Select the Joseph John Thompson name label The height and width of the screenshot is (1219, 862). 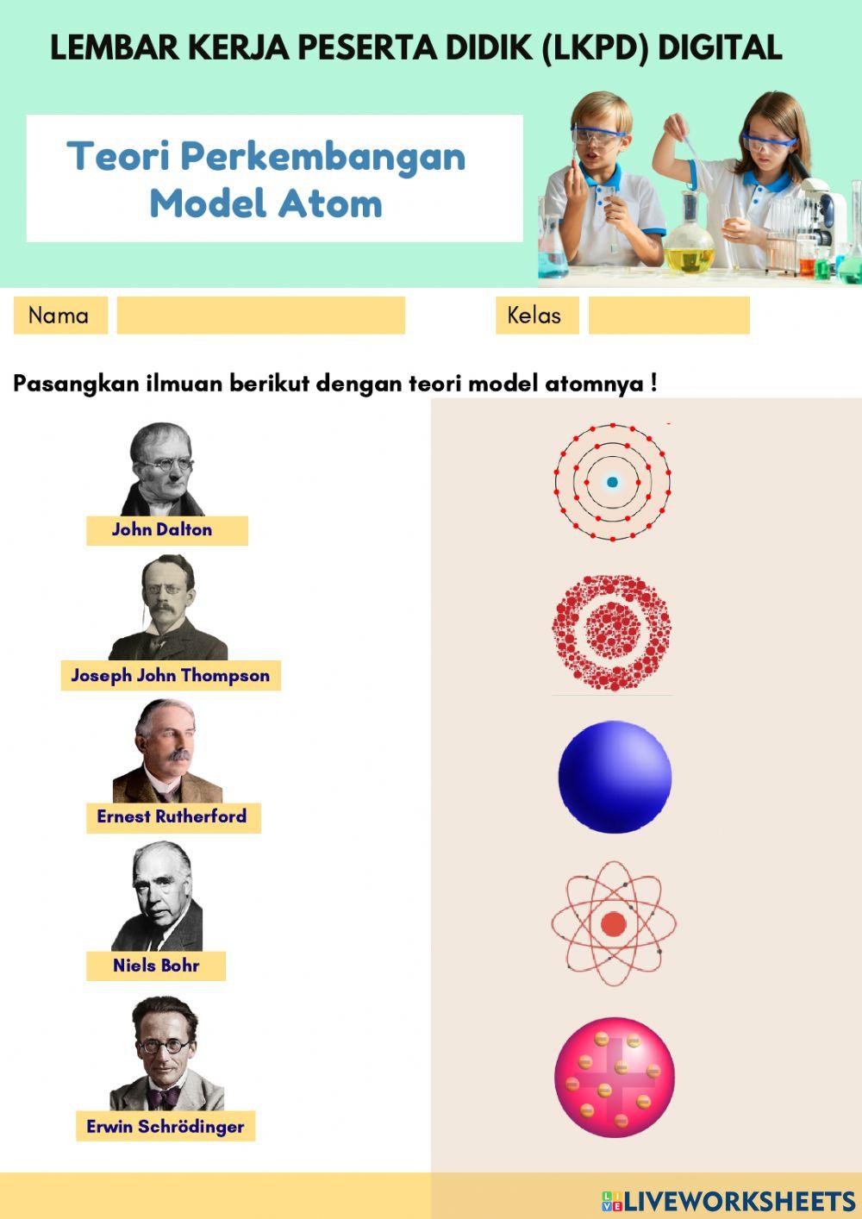(x=171, y=676)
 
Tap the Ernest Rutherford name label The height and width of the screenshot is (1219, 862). (x=172, y=817)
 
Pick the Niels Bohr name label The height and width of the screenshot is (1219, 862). (x=156, y=966)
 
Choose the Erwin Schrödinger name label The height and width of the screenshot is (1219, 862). (x=166, y=1127)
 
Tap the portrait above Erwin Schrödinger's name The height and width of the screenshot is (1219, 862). (x=166, y=1054)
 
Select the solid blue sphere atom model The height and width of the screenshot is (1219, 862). (x=615, y=777)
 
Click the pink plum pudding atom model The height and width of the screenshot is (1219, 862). (x=615, y=1077)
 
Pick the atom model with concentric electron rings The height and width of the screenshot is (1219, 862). (x=612, y=482)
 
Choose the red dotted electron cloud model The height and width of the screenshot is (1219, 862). (x=612, y=633)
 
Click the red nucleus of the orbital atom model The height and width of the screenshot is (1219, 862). (x=613, y=924)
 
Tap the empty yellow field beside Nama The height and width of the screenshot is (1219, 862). (x=260, y=316)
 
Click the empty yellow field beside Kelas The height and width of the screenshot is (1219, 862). (x=669, y=316)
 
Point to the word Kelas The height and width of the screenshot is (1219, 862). (x=534, y=316)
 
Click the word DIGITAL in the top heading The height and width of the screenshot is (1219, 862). (x=720, y=48)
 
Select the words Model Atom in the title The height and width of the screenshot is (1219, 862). (x=265, y=204)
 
